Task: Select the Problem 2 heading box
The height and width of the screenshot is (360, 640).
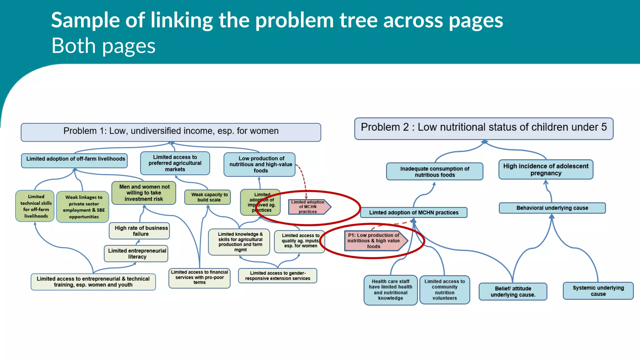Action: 483,128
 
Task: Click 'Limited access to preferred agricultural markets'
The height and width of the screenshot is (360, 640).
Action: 175,163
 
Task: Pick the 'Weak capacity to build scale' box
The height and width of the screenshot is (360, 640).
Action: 208,197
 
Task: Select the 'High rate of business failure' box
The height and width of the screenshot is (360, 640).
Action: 139,231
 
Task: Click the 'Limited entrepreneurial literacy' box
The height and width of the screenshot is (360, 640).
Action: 136,253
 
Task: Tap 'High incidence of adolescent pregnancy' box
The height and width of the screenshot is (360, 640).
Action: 546,170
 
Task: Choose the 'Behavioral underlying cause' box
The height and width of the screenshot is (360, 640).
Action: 552,208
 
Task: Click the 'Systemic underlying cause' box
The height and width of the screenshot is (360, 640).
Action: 598,291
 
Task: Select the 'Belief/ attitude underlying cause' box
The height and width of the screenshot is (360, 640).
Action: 513,292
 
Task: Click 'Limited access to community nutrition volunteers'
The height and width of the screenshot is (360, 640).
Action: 444,290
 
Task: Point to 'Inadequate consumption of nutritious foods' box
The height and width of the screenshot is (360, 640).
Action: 434,172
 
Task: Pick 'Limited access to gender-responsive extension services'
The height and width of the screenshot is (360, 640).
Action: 277,276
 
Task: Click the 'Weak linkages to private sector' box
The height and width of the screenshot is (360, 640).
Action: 83,207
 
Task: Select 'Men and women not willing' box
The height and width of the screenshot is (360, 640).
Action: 144,193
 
